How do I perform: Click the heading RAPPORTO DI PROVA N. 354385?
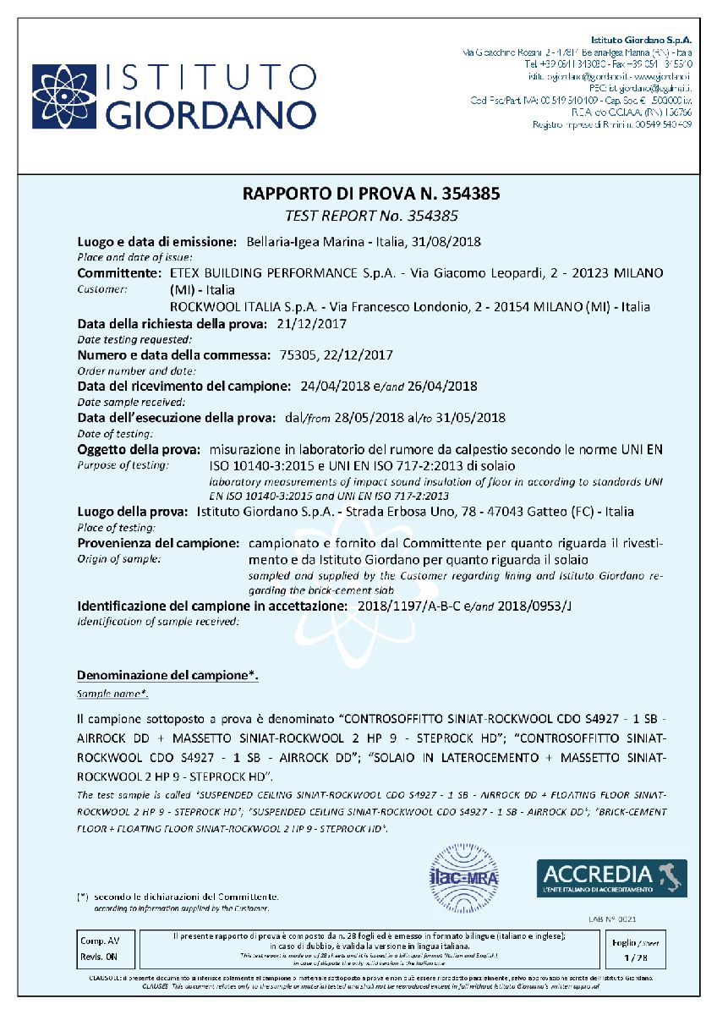point(371,194)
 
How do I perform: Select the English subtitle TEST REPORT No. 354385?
point(371,216)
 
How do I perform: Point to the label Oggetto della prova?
point(139,448)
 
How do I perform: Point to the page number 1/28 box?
point(627,950)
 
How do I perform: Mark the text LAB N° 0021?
point(616,918)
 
